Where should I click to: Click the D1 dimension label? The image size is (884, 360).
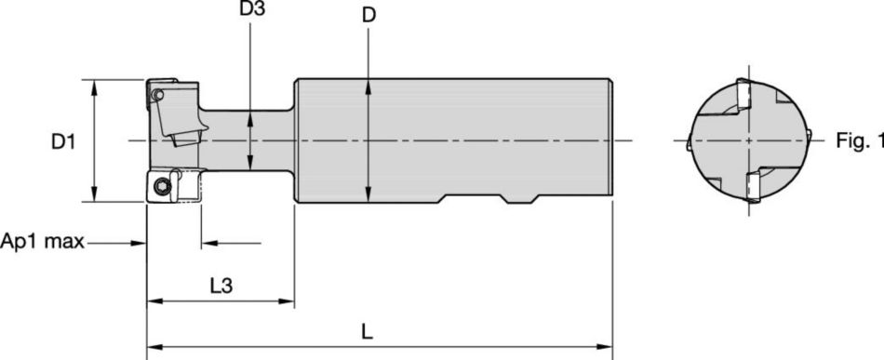tap(62, 142)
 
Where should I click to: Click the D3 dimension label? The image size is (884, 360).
tap(251, 11)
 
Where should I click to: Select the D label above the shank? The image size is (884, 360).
tap(369, 16)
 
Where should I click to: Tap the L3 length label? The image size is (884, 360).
tap(220, 287)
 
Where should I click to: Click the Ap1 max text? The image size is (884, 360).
tap(43, 243)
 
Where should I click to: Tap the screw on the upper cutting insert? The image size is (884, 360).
tap(158, 94)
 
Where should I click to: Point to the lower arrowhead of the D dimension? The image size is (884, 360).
tap(369, 194)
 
